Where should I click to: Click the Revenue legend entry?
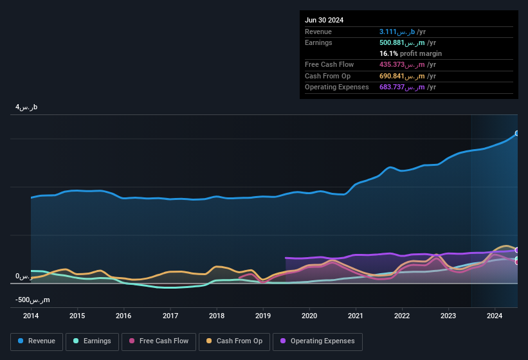pyautogui.click(x=37, y=341)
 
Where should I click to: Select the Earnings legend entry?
pyautogui.click(x=91, y=341)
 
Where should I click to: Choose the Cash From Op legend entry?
pyautogui.click(x=235, y=341)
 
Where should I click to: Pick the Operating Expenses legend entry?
pyautogui.click(x=318, y=341)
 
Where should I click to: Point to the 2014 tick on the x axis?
pyautogui.click(x=31, y=316)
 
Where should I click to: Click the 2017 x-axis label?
pyautogui.click(x=170, y=316)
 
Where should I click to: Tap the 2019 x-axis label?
pyautogui.click(x=263, y=316)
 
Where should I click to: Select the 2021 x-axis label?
pyautogui.click(x=356, y=316)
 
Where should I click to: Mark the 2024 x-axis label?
pyautogui.click(x=495, y=316)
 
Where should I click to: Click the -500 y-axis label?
pyautogui.click(x=32, y=300)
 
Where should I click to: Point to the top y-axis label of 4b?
pyautogui.click(x=26, y=107)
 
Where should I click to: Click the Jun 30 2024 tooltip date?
pyautogui.click(x=324, y=20)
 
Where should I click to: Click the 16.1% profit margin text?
pyautogui.click(x=410, y=54)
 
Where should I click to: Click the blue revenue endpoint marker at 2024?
pyautogui.click(x=516, y=134)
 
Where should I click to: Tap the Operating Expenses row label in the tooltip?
pyautogui.click(x=337, y=87)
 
